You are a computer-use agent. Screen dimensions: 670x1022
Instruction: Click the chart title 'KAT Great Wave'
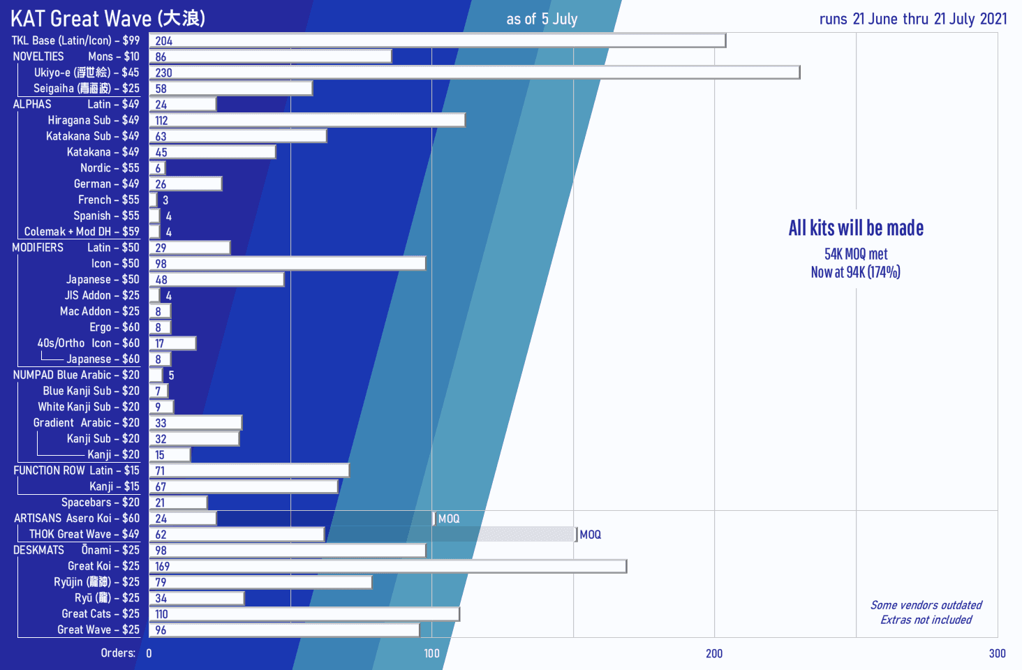[108, 18]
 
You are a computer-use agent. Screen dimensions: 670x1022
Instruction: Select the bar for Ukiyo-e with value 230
[475, 73]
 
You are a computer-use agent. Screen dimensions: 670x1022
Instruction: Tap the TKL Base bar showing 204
[438, 40]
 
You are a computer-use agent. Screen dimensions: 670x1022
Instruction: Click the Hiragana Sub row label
[93, 120]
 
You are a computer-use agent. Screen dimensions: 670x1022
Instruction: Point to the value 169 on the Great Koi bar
[163, 567]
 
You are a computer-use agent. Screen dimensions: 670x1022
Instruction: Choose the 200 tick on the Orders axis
[714, 653]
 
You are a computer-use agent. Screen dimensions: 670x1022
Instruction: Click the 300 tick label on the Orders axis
[997, 653]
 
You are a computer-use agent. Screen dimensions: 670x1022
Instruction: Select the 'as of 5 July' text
[542, 19]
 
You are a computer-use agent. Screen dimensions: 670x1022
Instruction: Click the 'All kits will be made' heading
[856, 228]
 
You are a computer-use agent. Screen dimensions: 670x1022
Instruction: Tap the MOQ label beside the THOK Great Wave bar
[590, 535]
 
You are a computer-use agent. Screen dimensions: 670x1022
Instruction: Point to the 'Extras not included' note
[926, 620]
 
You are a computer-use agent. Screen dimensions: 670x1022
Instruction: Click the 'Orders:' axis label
[118, 653]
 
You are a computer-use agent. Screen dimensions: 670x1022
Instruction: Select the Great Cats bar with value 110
[304, 614]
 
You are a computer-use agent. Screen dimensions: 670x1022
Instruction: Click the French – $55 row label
[108, 200]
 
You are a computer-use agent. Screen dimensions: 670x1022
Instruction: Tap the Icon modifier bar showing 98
[288, 264]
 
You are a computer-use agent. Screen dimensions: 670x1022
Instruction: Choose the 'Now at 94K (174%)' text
[855, 272]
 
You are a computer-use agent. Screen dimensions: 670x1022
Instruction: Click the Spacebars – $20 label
[100, 502]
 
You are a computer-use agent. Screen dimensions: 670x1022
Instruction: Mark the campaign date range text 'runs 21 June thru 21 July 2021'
[913, 19]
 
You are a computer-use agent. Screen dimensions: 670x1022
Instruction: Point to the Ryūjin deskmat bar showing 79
[260, 582]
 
